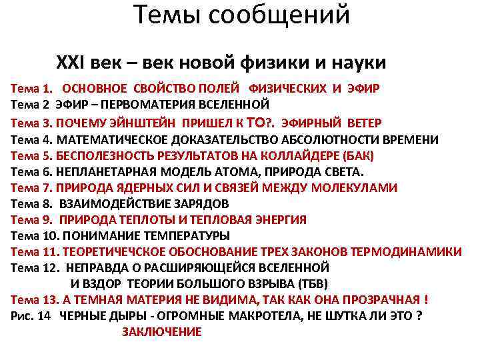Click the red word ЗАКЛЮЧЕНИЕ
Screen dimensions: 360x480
[162, 332]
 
